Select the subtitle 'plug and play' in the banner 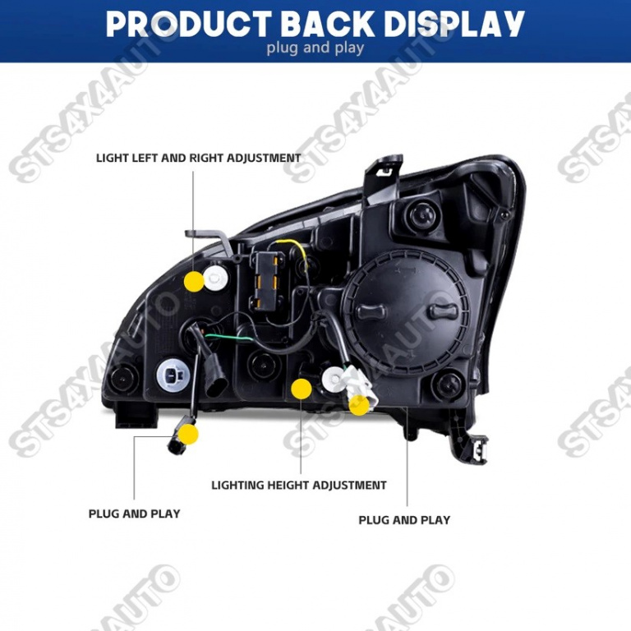315,48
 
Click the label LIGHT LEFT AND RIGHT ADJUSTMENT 198,158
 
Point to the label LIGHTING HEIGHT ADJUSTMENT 299,485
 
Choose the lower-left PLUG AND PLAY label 135,514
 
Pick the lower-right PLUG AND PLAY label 404,520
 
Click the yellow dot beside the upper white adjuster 194,281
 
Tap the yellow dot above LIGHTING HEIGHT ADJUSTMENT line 301,389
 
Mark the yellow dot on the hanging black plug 188,434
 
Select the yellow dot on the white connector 359,405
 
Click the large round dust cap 406,313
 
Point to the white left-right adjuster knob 216,277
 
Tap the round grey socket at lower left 173,375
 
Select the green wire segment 228,337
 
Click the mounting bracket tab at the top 383,178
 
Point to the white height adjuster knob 334,379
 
